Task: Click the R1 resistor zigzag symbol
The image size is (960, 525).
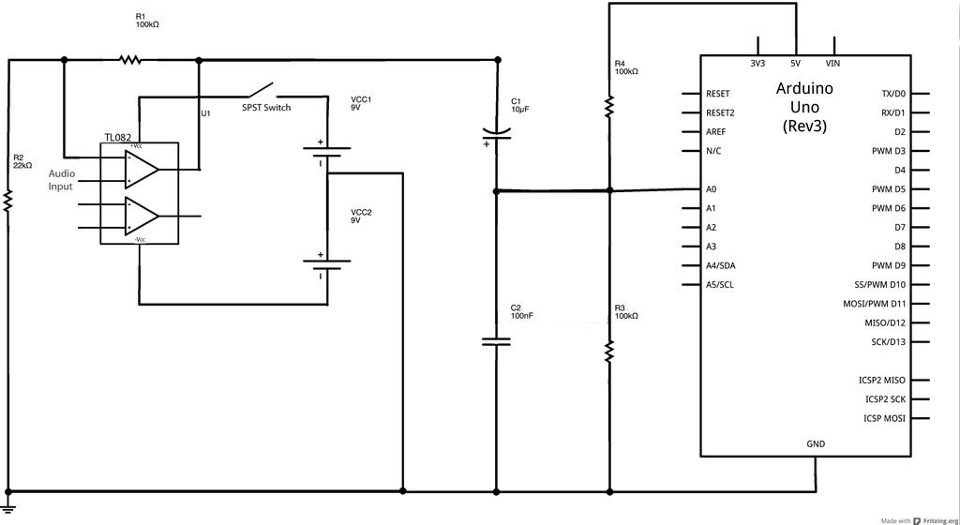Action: tap(129, 59)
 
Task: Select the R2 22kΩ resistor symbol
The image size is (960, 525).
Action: tap(7, 201)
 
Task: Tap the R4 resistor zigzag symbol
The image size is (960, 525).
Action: tap(609, 105)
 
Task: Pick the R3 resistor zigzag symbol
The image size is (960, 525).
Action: tap(609, 352)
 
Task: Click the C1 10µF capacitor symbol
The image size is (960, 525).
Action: tap(496, 135)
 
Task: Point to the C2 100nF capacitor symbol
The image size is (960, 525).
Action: tap(496, 341)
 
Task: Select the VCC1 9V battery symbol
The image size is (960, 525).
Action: tap(327, 153)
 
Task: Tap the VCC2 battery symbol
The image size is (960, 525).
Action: tap(327, 265)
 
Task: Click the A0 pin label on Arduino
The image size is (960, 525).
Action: tap(712, 189)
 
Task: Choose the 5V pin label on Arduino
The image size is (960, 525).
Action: tap(795, 63)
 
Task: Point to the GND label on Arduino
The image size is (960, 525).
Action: tap(816, 443)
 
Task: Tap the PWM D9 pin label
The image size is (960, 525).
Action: tap(889, 265)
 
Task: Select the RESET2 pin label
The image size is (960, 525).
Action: tap(720, 112)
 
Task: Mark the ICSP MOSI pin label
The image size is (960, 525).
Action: tap(884, 418)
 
